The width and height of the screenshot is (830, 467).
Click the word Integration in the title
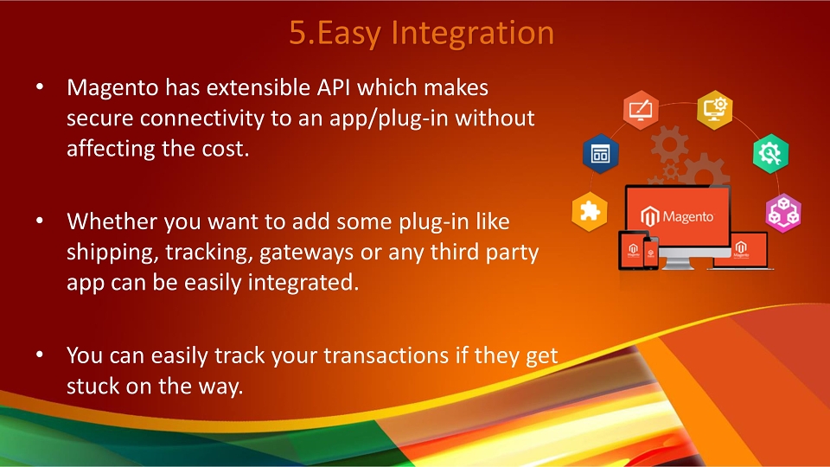point(472,34)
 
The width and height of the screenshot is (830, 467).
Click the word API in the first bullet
point(334,87)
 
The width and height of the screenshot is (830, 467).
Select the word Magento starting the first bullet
point(112,88)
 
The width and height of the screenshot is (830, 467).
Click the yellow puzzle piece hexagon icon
point(589,212)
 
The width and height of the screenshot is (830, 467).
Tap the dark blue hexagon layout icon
point(600,154)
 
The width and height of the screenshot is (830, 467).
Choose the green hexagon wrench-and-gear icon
point(770,154)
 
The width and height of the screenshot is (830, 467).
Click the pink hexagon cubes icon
point(783,213)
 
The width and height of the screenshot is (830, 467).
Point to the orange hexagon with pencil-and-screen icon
point(641,110)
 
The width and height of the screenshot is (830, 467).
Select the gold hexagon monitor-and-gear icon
point(715,110)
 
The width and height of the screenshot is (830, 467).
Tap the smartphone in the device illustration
point(650,253)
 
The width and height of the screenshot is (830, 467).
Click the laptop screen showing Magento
point(741,249)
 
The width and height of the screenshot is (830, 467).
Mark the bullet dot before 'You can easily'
point(40,355)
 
